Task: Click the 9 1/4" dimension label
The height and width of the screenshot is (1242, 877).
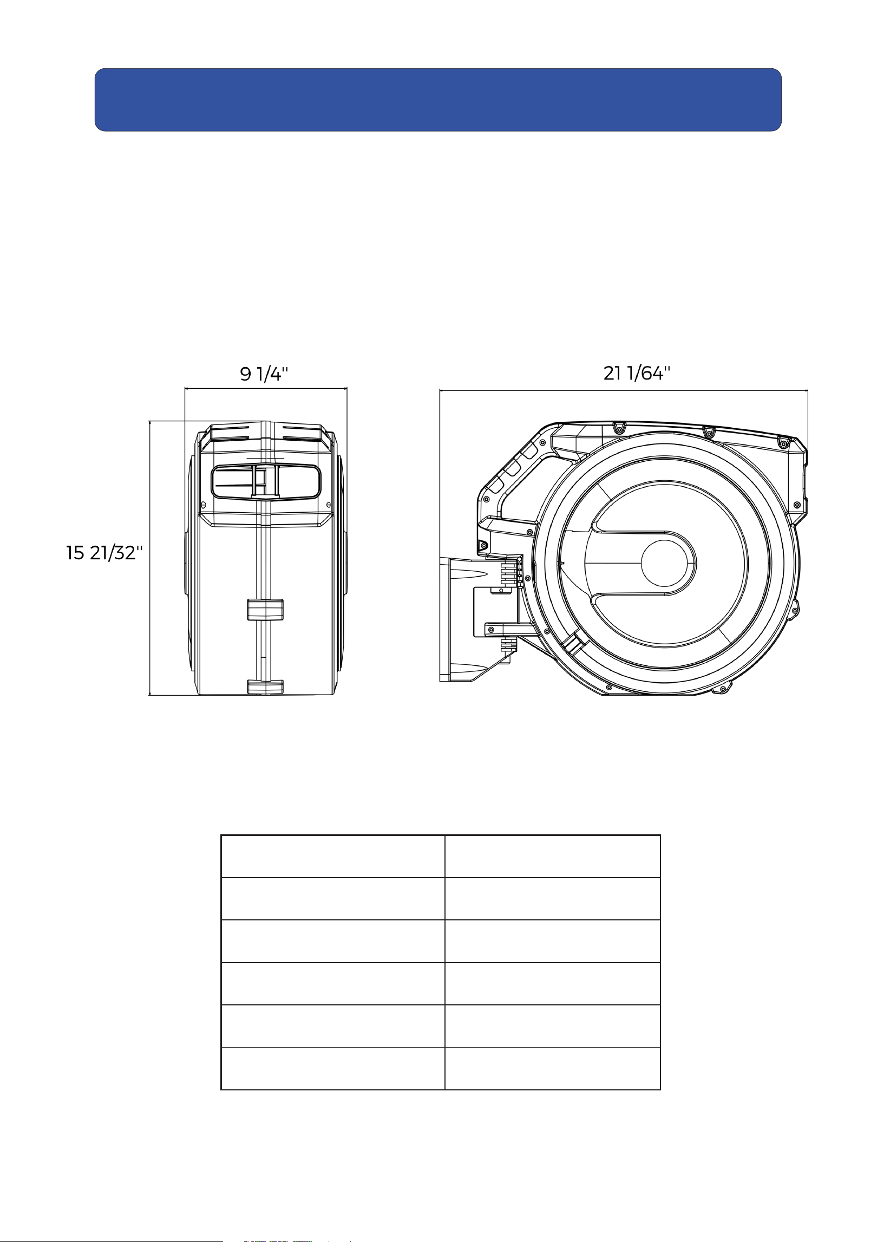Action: pyautogui.click(x=264, y=374)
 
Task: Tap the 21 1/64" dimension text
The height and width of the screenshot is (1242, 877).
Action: pyautogui.click(x=637, y=373)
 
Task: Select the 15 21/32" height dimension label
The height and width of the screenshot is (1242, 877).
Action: pyautogui.click(x=104, y=553)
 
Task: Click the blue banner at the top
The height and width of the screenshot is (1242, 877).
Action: pyautogui.click(x=438, y=100)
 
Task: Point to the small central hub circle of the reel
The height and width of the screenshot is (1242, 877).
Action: pyautogui.click(x=668, y=563)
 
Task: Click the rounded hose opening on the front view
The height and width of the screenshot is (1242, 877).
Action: pyautogui.click(x=265, y=482)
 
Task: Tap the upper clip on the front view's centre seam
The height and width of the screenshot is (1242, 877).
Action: pyautogui.click(x=265, y=609)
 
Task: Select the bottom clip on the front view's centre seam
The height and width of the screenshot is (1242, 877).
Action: pyautogui.click(x=265, y=687)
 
